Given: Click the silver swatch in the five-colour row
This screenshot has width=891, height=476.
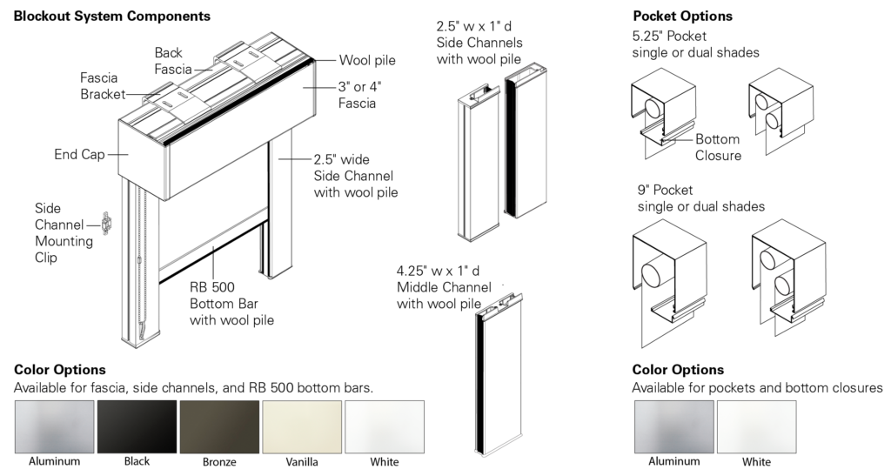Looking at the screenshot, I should [54, 426].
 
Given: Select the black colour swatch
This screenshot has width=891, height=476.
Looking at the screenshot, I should [137, 426].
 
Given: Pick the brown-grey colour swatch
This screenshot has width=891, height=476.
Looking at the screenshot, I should [219, 426].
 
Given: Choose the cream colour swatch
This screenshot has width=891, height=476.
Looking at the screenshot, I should [302, 426].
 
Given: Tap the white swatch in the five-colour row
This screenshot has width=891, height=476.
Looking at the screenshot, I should [385, 426].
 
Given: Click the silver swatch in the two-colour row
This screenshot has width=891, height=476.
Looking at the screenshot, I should [673, 426].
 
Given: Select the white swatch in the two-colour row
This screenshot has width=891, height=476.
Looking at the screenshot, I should [756, 426].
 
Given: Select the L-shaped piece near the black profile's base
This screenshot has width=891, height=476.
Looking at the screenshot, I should [478, 233].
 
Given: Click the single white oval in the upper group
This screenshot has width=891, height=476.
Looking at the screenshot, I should [651, 109].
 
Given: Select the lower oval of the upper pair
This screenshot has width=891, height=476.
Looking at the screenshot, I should [771, 119].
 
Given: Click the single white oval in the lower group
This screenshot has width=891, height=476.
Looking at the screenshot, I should [650, 274].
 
